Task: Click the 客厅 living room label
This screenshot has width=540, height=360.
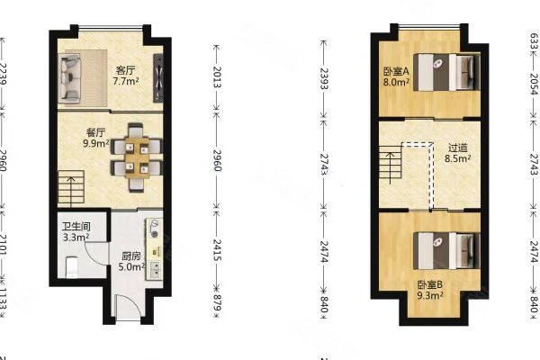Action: [124, 69]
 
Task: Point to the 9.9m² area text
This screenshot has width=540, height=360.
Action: [96, 142]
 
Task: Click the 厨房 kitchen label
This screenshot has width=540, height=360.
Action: [130, 255]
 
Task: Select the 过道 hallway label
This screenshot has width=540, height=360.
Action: [457, 149]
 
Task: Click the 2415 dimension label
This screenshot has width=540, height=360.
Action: [216, 247]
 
